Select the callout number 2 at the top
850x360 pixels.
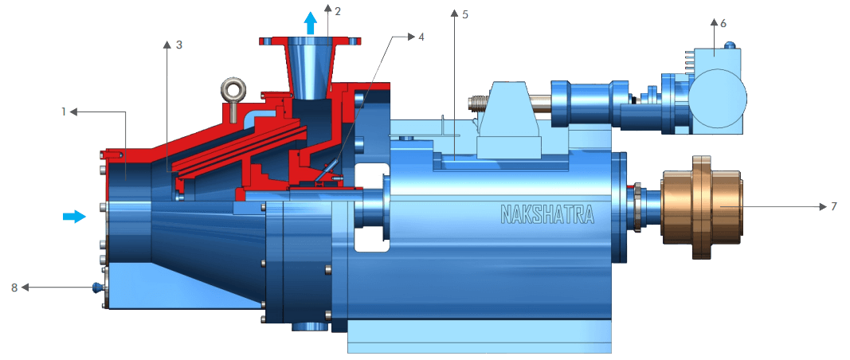pyautogui.click(x=338, y=10)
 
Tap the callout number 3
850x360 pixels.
pyautogui.click(x=179, y=45)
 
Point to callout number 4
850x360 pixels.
pyautogui.click(x=422, y=37)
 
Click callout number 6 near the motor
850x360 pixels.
pyautogui.click(x=723, y=24)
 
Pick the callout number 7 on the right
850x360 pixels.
pyautogui.click(x=833, y=206)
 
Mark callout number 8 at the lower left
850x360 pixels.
pyautogui.click(x=14, y=287)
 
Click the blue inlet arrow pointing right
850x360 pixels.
pyautogui.click(x=74, y=217)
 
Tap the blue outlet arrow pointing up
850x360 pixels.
pyautogui.click(x=311, y=22)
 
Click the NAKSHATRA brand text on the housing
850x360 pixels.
pyautogui.click(x=546, y=213)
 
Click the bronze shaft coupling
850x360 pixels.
pyautogui.click(x=703, y=207)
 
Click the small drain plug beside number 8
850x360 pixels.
pyautogui.click(x=98, y=287)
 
